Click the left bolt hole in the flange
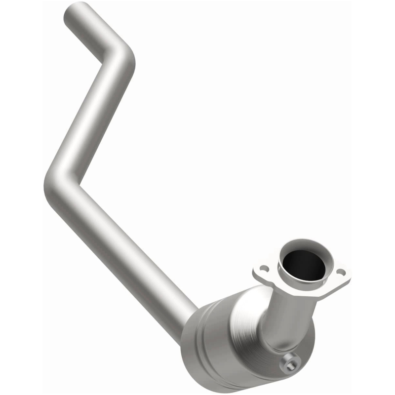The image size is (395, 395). (x=265, y=269)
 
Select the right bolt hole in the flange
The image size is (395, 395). (x=340, y=272)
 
